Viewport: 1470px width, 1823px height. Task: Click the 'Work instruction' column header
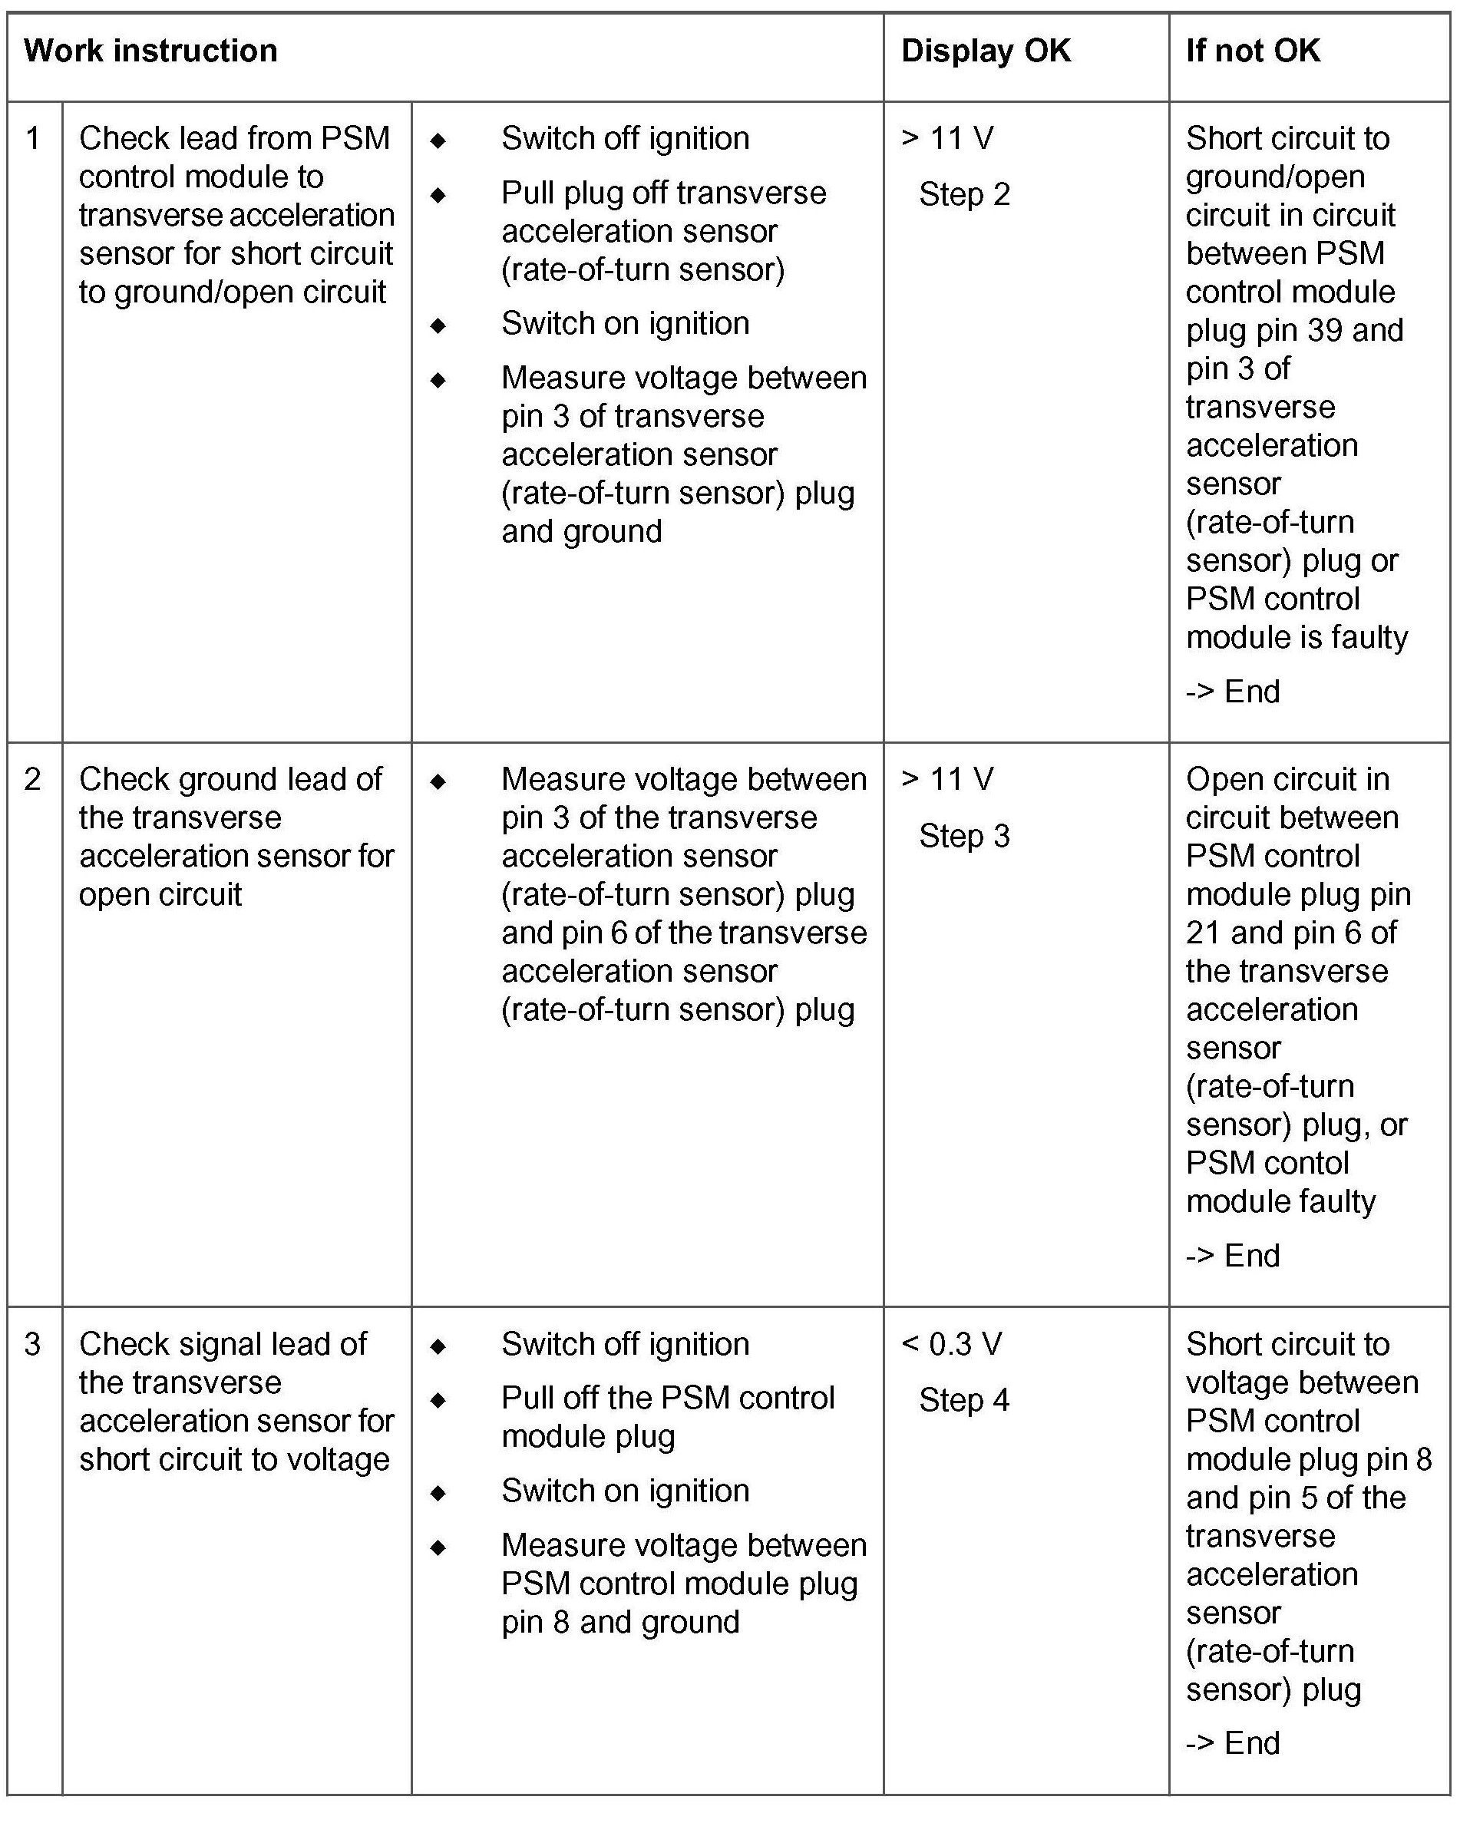150,51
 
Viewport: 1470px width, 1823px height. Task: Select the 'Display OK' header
986,51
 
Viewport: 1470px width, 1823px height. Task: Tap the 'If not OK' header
1253,51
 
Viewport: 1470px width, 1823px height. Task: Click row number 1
33,138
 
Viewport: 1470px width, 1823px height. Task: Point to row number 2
33,780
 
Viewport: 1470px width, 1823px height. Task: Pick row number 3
33,1345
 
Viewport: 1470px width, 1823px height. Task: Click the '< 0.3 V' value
951,1345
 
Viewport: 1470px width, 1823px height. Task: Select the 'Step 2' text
964,195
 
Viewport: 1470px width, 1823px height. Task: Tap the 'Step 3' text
964,837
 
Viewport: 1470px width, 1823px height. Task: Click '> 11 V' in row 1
946,138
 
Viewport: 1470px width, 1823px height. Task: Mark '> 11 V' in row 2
946,780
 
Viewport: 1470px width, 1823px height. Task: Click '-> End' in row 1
1232,692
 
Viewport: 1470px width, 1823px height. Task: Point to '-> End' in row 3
1232,1743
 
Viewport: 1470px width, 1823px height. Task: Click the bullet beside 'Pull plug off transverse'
438,195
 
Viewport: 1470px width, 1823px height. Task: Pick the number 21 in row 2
1204,933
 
